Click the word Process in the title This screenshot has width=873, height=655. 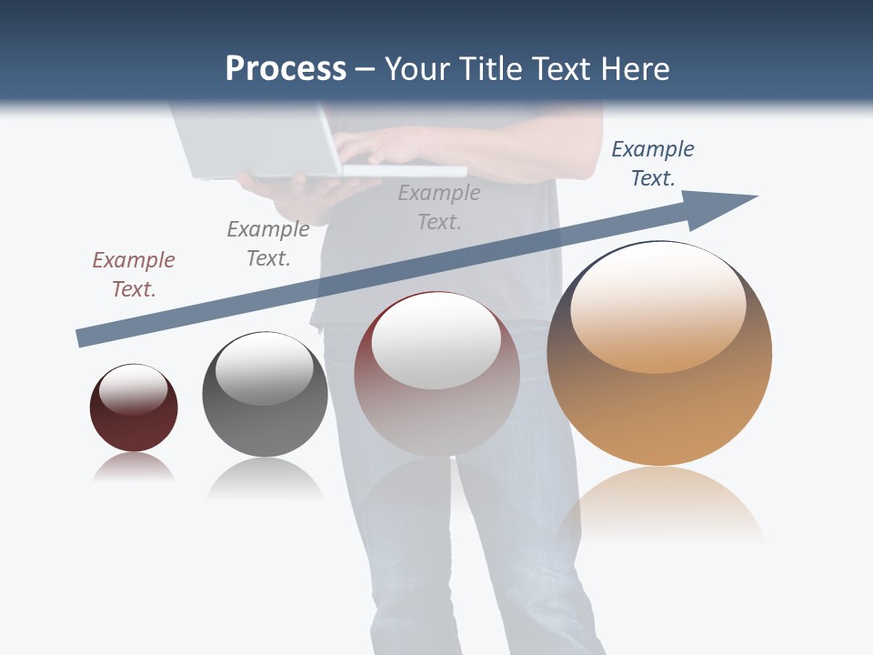tap(286, 69)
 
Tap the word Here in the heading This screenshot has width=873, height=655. tap(633, 69)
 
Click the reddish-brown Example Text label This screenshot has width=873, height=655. tap(134, 274)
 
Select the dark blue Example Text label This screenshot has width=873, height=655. tap(653, 163)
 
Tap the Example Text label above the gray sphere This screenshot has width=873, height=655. tap(268, 243)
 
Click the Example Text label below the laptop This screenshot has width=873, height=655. tap(439, 207)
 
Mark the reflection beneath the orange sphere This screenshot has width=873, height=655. tap(661, 505)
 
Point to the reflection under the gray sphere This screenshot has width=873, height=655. tap(265, 479)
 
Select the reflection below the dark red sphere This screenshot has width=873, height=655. tap(133, 469)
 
